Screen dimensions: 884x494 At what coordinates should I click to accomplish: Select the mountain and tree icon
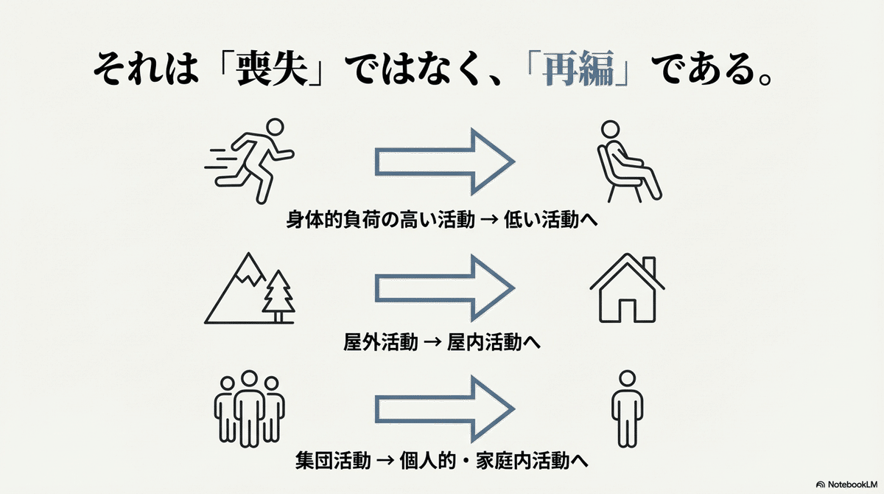(x=250, y=288)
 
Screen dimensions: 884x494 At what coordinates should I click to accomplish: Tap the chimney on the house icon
(x=648, y=265)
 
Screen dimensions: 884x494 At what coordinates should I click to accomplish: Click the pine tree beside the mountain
(x=278, y=295)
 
